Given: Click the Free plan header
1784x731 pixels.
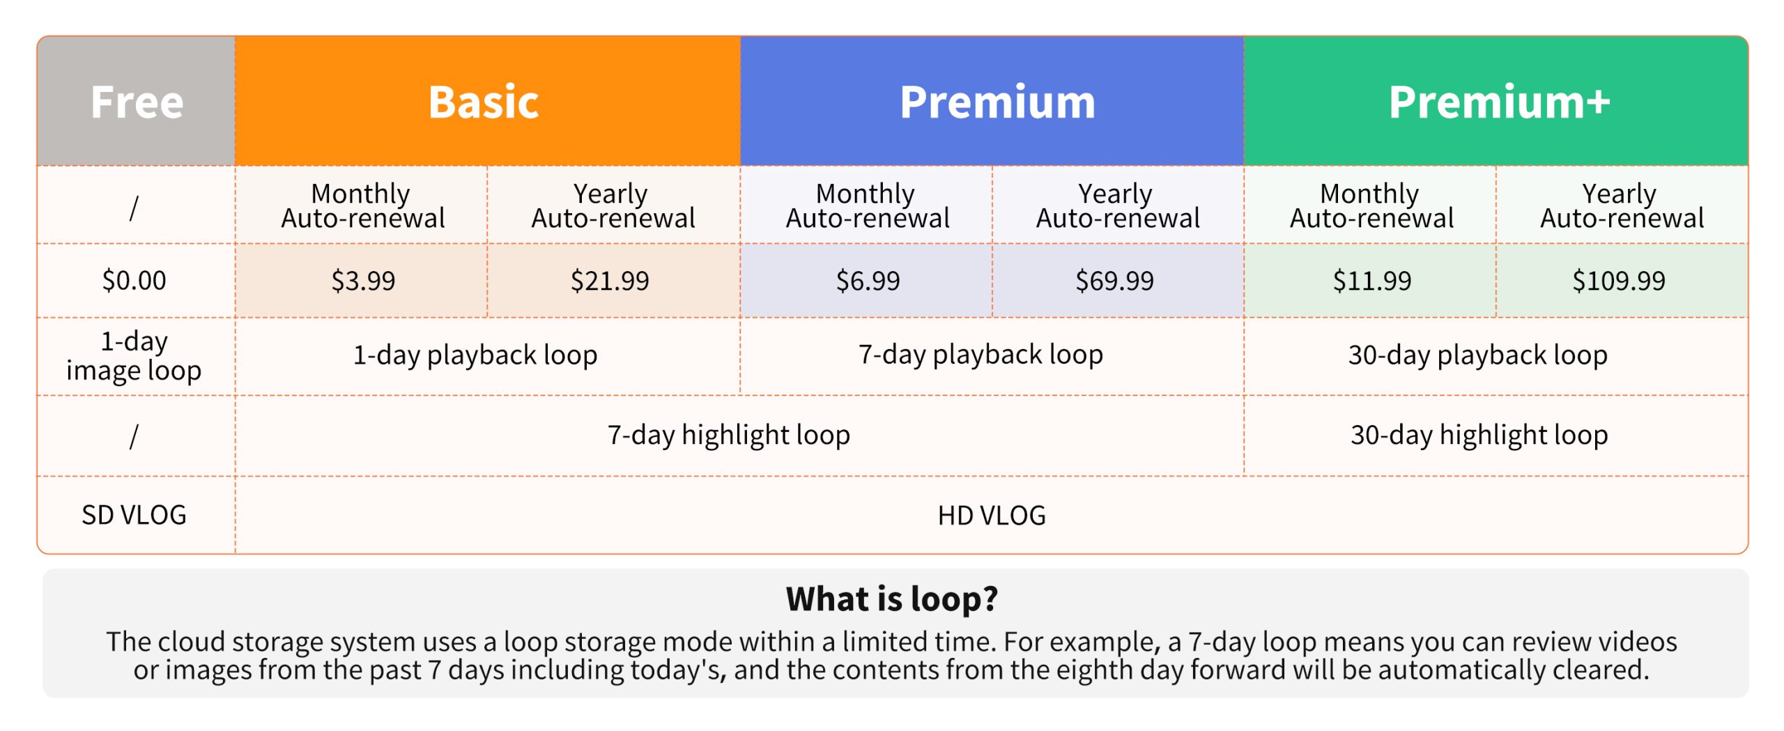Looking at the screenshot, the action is pyautogui.click(x=137, y=101).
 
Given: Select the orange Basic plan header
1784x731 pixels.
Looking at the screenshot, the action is pyautogui.click(x=487, y=101).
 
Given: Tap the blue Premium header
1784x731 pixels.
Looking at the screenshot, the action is pyautogui.click(x=992, y=101).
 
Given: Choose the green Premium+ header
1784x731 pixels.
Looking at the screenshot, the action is pyautogui.click(x=1496, y=101).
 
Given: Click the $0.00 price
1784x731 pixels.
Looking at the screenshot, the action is pyautogui.click(x=134, y=280).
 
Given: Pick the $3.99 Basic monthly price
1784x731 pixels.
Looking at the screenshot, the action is pyautogui.click(x=363, y=280).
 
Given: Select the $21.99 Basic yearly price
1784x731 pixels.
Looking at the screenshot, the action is pyautogui.click(x=610, y=280).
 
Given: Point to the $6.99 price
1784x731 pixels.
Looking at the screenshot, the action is pyautogui.click(x=868, y=280).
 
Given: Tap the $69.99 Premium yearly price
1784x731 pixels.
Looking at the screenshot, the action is pyautogui.click(x=1114, y=280).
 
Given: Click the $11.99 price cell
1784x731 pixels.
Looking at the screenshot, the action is pyautogui.click(x=1371, y=280).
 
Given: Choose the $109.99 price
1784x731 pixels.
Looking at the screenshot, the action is pyautogui.click(x=1618, y=280).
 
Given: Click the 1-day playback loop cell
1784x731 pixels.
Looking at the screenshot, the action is pyautogui.click(x=487, y=355).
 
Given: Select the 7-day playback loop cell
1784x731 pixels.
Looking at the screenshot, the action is pyautogui.click(x=992, y=355).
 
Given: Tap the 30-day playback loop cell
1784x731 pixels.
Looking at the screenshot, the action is pyautogui.click(x=1496, y=355).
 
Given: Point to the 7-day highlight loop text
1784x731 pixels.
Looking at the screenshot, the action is pyautogui.click(x=729, y=435).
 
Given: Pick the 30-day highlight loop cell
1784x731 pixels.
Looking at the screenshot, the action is pyautogui.click(x=1496, y=436).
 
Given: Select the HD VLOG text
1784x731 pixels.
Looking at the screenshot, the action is pyautogui.click(x=992, y=516).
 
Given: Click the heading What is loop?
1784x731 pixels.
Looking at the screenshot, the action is pyautogui.click(x=892, y=599).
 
